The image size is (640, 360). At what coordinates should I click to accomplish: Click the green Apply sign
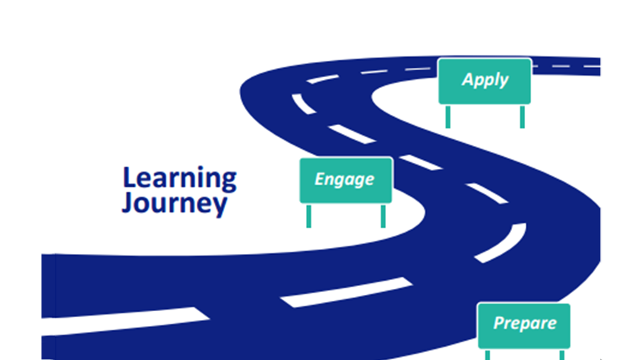(484, 81)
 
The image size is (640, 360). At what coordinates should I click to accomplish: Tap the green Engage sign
(345, 180)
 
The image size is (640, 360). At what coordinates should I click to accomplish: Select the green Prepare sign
(524, 324)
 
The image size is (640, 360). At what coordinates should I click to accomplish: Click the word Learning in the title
(179, 179)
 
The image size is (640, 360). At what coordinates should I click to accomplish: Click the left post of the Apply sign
(447, 116)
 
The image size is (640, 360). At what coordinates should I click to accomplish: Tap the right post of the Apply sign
(522, 116)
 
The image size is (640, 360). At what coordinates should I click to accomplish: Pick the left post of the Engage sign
(309, 216)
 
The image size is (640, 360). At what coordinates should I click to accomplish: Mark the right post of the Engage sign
(383, 216)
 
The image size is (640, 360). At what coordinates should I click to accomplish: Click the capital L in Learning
(129, 178)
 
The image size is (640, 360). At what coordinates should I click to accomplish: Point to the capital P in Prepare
(498, 323)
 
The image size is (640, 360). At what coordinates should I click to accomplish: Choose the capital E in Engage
(319, 179)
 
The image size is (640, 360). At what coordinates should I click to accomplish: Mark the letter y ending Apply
(504, 81)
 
